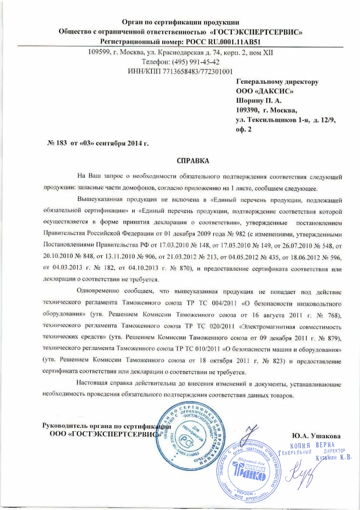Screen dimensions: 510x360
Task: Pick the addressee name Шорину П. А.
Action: (x=255, y=101)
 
